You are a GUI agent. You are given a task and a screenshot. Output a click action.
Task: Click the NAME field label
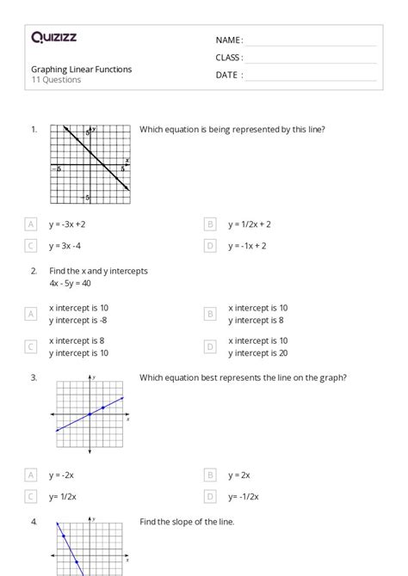(228, 40)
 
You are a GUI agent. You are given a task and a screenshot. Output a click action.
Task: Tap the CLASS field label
(228, 58)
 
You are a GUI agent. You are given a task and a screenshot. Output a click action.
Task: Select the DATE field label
(228, 75)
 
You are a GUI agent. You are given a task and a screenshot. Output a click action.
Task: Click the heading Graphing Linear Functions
(82, 70)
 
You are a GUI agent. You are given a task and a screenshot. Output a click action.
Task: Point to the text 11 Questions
(56, 80)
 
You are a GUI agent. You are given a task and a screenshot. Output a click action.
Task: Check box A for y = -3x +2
(31, 224)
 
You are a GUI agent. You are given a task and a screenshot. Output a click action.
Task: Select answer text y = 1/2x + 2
(250, 224)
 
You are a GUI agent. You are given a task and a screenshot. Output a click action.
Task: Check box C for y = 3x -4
(31, 246)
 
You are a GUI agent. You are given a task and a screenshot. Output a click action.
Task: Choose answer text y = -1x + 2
(247, 246)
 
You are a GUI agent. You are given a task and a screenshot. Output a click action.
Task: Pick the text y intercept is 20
(258, 352)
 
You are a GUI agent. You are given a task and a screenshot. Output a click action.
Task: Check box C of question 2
(31, 346)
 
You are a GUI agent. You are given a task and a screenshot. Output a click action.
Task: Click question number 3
(34, 377)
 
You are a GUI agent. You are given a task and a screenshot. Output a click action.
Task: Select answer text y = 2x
(238, 475)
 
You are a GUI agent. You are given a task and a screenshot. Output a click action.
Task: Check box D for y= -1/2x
(210, 496)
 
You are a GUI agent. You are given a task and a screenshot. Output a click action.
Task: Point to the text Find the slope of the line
(187, 522)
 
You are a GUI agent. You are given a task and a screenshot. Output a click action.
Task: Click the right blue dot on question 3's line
(103, 407)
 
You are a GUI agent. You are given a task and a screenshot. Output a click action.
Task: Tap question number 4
(34, 522)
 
